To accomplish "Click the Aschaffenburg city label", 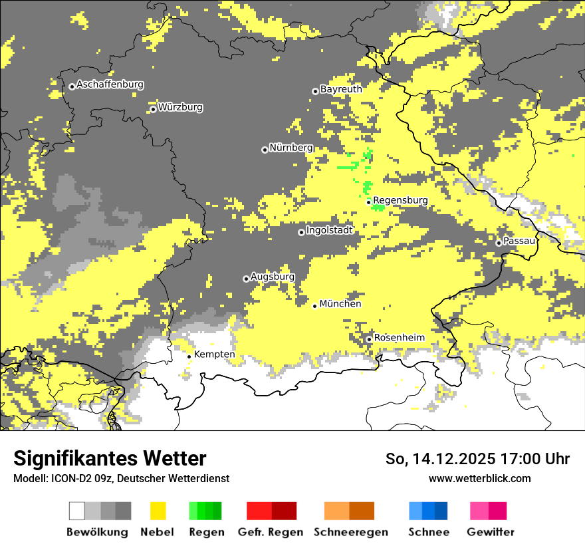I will [110, 85].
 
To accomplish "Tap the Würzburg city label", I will [180, 107].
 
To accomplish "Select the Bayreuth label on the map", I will [341, 89].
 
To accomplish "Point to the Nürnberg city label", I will [291, 148].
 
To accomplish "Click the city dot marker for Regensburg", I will [369, 202].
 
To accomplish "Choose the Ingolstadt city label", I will [329, 231].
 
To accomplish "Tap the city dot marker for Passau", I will [499, 243].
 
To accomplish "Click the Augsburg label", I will [272, 277].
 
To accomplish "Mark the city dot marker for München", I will [315, 306].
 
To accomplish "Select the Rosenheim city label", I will [399, 338].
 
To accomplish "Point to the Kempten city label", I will [214, 354].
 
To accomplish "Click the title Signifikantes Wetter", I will [110, 458].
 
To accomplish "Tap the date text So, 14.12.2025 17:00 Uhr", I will [477, 459].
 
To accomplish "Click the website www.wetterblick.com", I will [479, 478].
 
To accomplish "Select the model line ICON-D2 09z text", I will [121, 478].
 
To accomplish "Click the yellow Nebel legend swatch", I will [158, 511].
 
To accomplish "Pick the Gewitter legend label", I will [490, 532].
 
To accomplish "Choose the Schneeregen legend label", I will [350, 532].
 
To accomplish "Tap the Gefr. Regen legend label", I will [271, 532].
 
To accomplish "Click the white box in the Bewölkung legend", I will [76, 511].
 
